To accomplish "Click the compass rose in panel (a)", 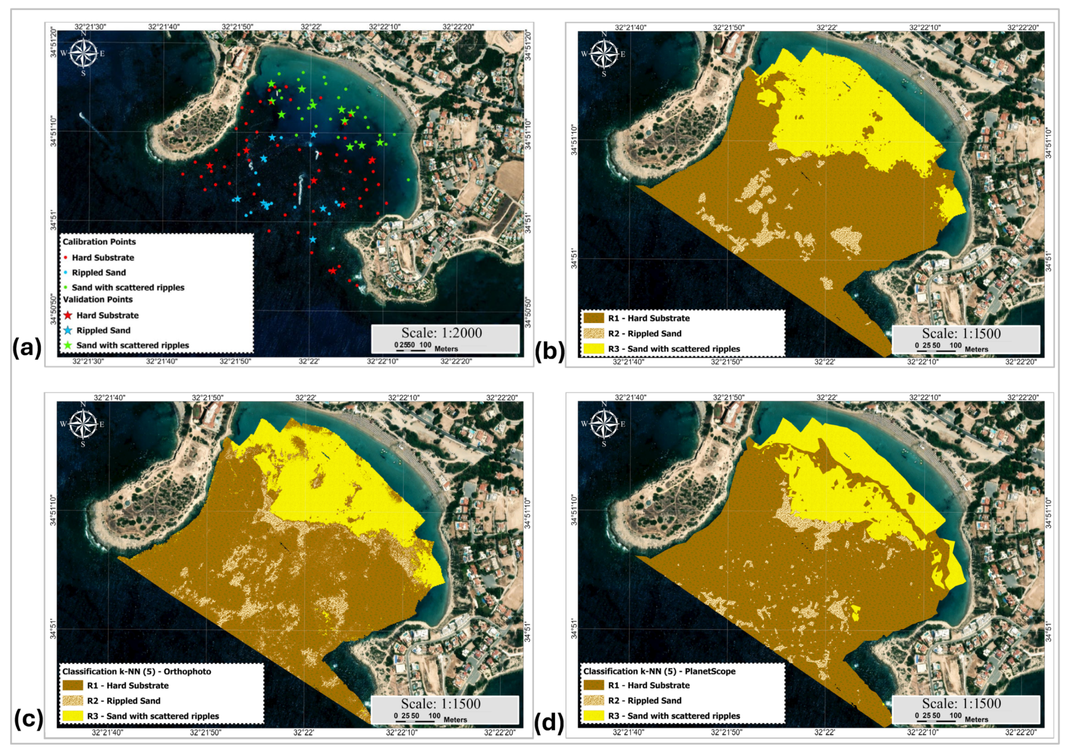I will tap(84, 53).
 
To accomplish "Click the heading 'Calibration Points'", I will tap(99, 242).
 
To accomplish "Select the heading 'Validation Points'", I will tap(98, 300).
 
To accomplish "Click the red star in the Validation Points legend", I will tap(68, 315).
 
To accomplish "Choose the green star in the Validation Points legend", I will tap(68, 345).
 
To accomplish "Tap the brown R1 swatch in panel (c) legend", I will tap(73, 685).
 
